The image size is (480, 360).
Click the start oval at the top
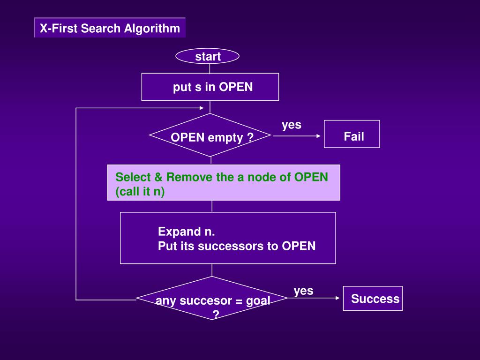click(x=207, y=56)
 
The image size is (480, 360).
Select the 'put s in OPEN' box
click(x=210, y=87)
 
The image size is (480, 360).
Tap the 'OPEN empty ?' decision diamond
click(x=210, y=135)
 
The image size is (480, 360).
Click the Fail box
click(x=352, y=134)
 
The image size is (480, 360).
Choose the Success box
click(x=373, y=299)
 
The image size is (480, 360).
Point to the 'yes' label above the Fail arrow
click(x=292, y=125)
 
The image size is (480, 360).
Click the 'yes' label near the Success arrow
click(x=303, y=291)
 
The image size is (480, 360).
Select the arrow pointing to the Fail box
click(x=297, y=136)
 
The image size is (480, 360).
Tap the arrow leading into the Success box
click(x=314, y=298)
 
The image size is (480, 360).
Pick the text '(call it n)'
click(x=140, y=192)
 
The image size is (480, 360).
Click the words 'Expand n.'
click(x=187, y=232)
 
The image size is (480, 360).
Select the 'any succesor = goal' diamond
click(x=211, y=298)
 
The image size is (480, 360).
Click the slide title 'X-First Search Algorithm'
click(x=110, y=28)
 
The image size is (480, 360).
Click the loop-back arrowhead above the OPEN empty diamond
click(x=202, y=108)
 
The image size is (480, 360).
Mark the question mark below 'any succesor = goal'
click(x=216, y=315)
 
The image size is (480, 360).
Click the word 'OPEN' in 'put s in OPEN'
click(x=236, y=87)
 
